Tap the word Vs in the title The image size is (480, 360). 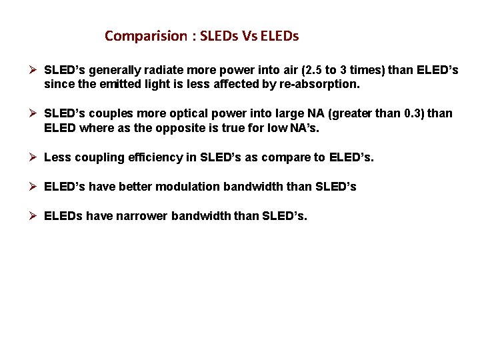point(251,36)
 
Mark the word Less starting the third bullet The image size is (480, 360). point(56,157)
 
